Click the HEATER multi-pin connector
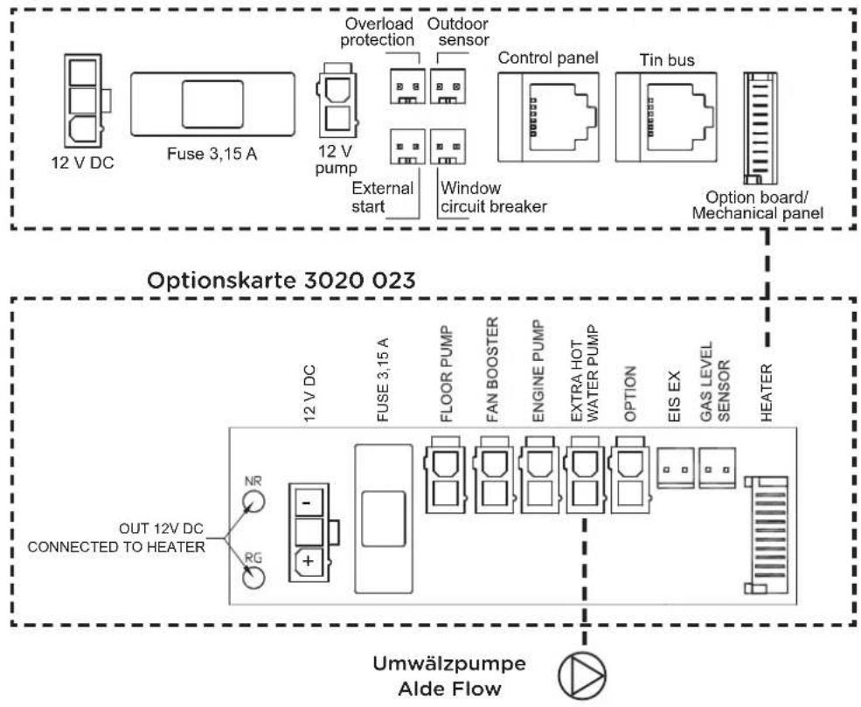[x=766, y=532]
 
